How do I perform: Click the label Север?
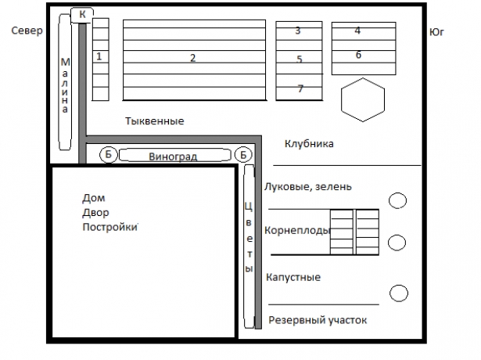click(x=27, y=31)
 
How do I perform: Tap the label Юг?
click(x=436, y=32)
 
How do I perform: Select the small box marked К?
click(x=82, y=15)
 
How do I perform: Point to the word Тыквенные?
click(x=155, y=121)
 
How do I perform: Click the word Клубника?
click(x=309, y=144)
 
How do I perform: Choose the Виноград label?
click(x=173, y=157)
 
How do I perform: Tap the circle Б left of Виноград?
click(x=109, y=154)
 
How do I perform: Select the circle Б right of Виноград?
click(x=243, y=155)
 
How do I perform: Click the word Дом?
click(x=94, y=198)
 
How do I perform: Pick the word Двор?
click(x=95, y=213)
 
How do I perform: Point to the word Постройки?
click(x=109, y=227)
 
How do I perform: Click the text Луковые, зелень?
click(x=307, y=186)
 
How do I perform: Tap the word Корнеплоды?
click(x=297, y=230)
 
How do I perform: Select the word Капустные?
click(x=293, y=277)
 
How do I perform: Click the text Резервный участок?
click(x=318, y=320)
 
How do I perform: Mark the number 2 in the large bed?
click(x=192, y=58)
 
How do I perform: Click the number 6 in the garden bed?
click(x=358, y=55)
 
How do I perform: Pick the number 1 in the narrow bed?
click(x=99, y=56)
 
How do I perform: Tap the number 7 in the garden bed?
click(x=300, y=88)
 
